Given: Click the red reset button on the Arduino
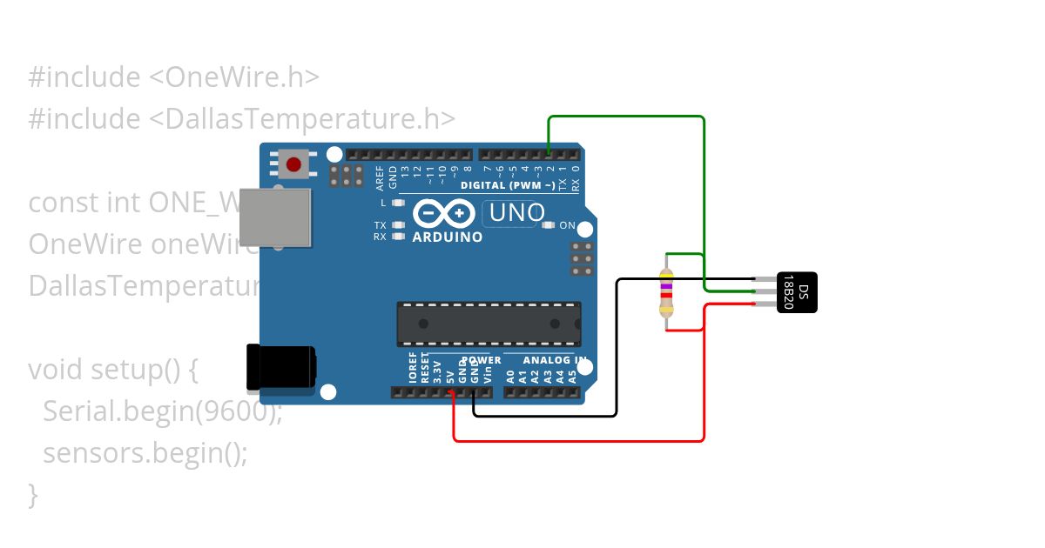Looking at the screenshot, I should [x=293, y=164].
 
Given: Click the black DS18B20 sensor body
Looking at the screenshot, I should [x=798, y=291].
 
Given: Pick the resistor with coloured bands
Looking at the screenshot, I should [x=666, y=291].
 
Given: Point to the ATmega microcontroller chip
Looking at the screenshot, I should [x=489, y=323].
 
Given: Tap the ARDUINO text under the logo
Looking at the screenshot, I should [x=447, y=237].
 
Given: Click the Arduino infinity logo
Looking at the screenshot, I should [x=444, y=214].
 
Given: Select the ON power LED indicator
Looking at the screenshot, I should [x=548, y=225].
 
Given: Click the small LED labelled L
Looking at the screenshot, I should [x=399, y=203].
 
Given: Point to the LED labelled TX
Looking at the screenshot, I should [x=399, y=225].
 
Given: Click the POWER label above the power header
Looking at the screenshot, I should [x=482, y=360].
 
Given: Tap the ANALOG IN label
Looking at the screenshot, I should [x=554, y=360].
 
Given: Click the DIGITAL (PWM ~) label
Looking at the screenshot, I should [x=508, y=185].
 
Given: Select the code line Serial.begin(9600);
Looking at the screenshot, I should [x=163, y=411].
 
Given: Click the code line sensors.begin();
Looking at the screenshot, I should [x=145, y=453].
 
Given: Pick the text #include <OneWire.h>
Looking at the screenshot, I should [x=174, y=77].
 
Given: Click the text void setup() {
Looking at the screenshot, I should [x=114, y=370].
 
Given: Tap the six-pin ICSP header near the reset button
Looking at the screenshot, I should [x=347, y=176].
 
